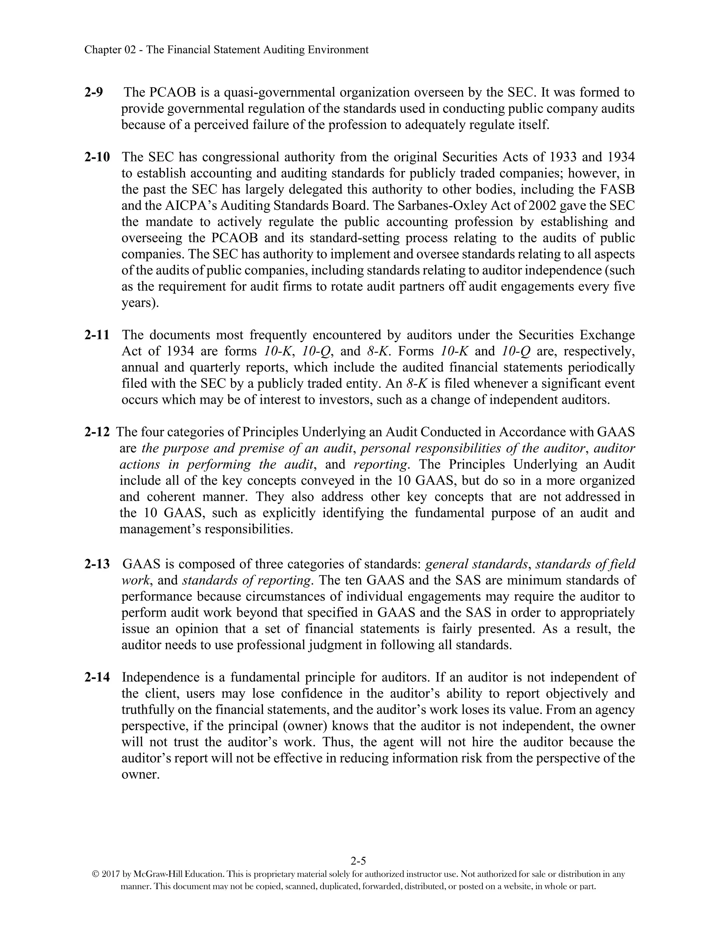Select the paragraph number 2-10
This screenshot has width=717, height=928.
coord(97,157)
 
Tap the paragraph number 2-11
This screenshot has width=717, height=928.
coord(97,335)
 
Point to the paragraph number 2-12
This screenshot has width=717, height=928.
coord(97,432)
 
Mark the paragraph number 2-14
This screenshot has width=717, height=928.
coord(97,677)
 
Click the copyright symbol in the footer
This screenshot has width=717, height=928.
coord(96,875)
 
